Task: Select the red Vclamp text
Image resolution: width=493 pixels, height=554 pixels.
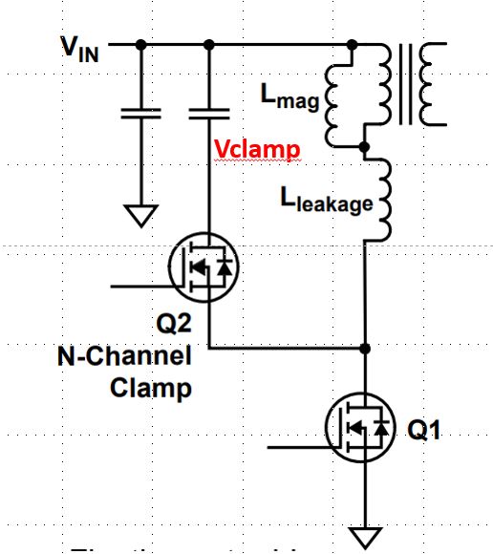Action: (257, 150)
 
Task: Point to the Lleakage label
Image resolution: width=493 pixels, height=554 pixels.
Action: (326, 202)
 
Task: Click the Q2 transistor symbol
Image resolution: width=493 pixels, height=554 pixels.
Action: (204, 271)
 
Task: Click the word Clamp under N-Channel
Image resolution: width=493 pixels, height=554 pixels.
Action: (152, 389)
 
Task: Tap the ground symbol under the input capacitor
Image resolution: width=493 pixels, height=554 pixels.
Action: (140, 215)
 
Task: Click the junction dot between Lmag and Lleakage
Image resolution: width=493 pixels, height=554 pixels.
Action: (365, 146)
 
